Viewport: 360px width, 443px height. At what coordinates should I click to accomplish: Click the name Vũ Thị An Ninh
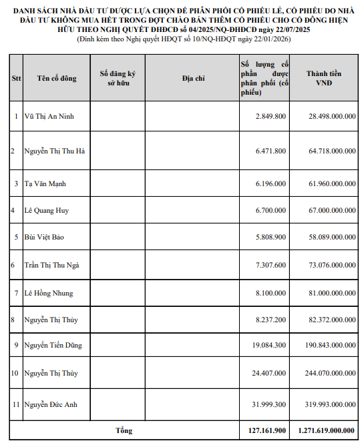[x=49, y=116]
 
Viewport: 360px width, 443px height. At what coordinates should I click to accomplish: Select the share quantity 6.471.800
[x=271, y=151]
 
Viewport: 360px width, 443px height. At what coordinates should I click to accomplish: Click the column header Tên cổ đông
[x=57, y=78]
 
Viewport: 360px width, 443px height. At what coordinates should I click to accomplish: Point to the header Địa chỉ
[x=193, y=78]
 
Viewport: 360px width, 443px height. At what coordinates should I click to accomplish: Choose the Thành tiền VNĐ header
[x=324, y=78]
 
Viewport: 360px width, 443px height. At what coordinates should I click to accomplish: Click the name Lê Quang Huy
[x=47, y=210]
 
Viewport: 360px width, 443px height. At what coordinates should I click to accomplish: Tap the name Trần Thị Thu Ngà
[x=52, y=265]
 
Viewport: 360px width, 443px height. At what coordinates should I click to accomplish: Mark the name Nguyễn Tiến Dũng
[x=53, y=345]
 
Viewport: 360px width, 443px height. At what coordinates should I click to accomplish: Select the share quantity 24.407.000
[x=268, y=373]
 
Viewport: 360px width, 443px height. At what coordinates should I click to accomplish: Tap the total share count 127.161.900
[x=265, y=431]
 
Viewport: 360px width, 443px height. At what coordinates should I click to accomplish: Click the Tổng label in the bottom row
[x=124, y=431]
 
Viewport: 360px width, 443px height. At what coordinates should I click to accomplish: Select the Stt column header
[x=16, y=78]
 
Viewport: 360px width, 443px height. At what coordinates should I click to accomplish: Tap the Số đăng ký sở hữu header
[x=118, y=78]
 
